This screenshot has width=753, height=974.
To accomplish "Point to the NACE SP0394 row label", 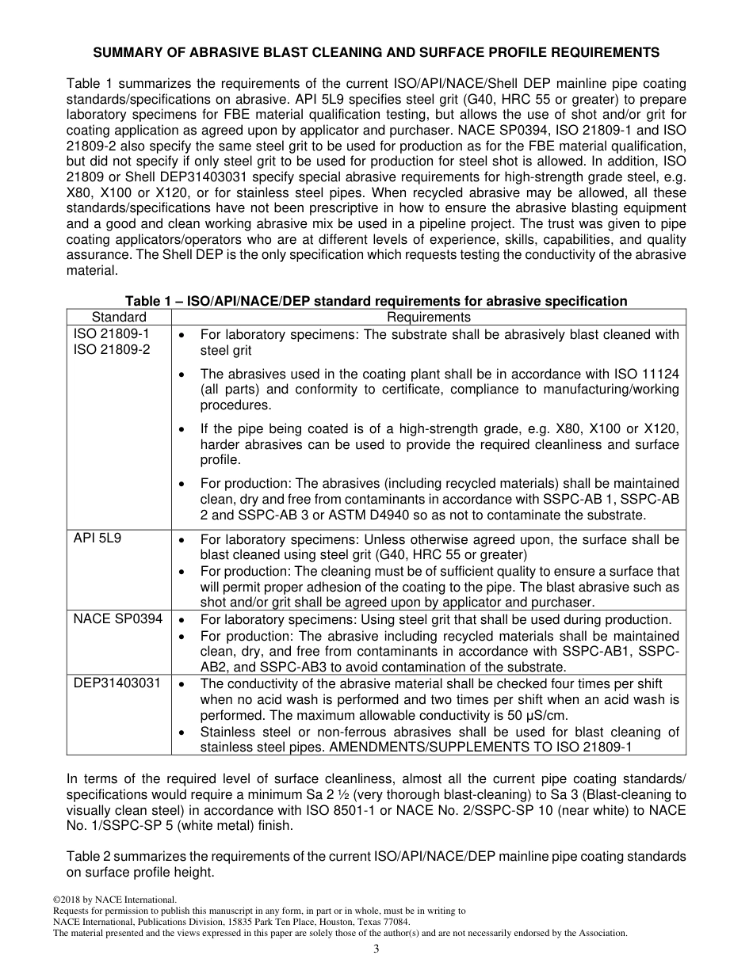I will click(x=118, y=619).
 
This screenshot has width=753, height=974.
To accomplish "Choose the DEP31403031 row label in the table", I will click(x=117, y=683).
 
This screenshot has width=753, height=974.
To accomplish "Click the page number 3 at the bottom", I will click(x=376, y=949).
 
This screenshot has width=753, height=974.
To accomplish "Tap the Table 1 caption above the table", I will click(x=376, y=302).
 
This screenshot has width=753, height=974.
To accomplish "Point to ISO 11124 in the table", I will click(x=646, y=374).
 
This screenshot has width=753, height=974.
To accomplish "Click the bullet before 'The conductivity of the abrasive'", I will click(x=182, y=684).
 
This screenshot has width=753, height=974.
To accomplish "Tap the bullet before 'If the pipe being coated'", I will click(x=182, y=429).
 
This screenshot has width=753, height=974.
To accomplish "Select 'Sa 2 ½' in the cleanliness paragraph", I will click(x=432, y=795).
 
